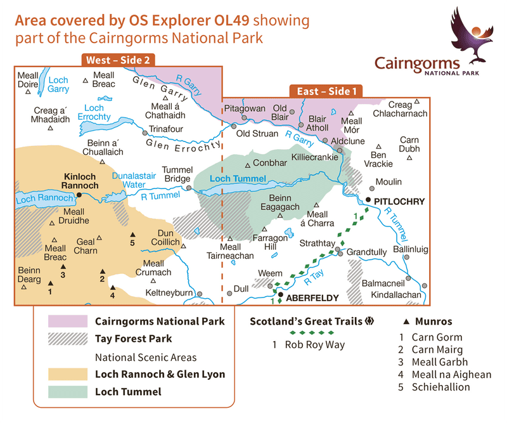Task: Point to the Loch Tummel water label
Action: click(238, 179)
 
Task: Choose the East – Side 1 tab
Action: click(327, 91)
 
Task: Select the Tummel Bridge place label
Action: click(177, 174)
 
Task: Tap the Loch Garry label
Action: click(58, 84)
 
